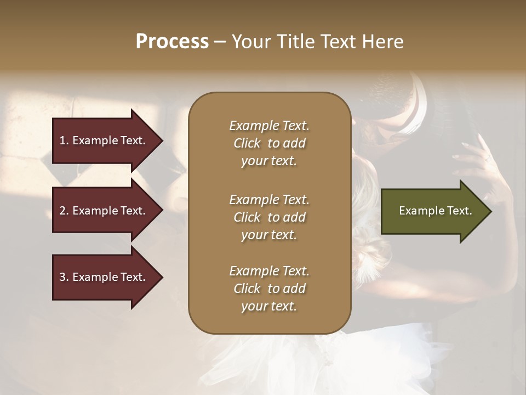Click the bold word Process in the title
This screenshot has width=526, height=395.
[x=172, y=41]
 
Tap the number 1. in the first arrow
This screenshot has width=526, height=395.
[x=64, y=140]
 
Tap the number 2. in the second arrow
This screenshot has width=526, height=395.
[x=64, y=211]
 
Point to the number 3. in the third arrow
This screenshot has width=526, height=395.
[x=64, y=277]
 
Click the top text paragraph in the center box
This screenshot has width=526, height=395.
[x=269, y=143]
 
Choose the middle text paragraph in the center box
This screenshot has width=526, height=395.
[x=269, y=217]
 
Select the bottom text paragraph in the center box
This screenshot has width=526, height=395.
[x=269, y=289]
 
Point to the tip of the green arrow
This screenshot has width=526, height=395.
[x=490, y=211]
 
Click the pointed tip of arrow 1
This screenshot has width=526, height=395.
[x=162, y=140]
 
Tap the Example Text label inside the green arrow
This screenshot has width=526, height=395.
[x=436, y=211]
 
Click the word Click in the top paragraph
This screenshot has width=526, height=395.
[x=247, y=143]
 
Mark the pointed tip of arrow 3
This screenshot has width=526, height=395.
[x=162, y=277]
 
